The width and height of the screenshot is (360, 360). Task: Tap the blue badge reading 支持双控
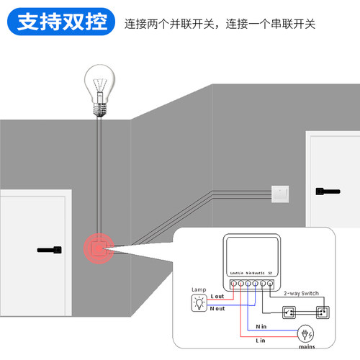pos(60,22)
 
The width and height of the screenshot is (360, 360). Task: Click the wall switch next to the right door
pos(280,192)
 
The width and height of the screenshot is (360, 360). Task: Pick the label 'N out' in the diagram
pos(219,309)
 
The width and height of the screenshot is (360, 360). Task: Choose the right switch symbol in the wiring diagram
pos(322,312)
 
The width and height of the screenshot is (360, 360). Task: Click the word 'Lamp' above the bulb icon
pos(198,290)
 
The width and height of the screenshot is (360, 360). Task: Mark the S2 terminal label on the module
pos(269,274)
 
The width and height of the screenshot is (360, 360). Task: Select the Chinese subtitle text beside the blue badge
pos(220,24)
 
